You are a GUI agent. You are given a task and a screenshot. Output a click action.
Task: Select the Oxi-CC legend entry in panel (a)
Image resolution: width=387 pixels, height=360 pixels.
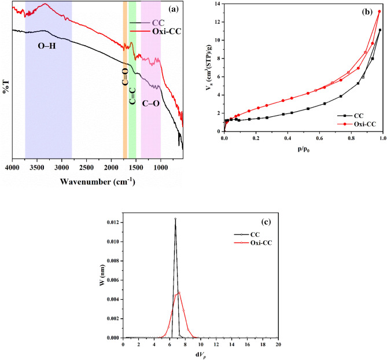pos(165,31)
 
